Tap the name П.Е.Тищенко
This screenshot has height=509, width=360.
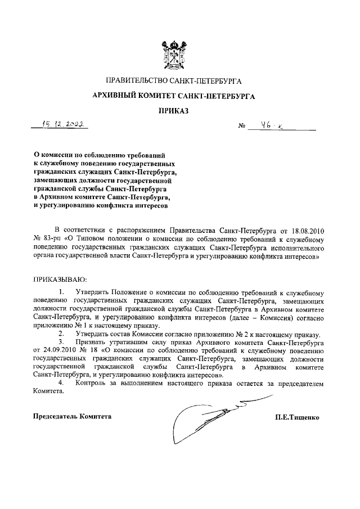pyautogui.click(x=296, y=417)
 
